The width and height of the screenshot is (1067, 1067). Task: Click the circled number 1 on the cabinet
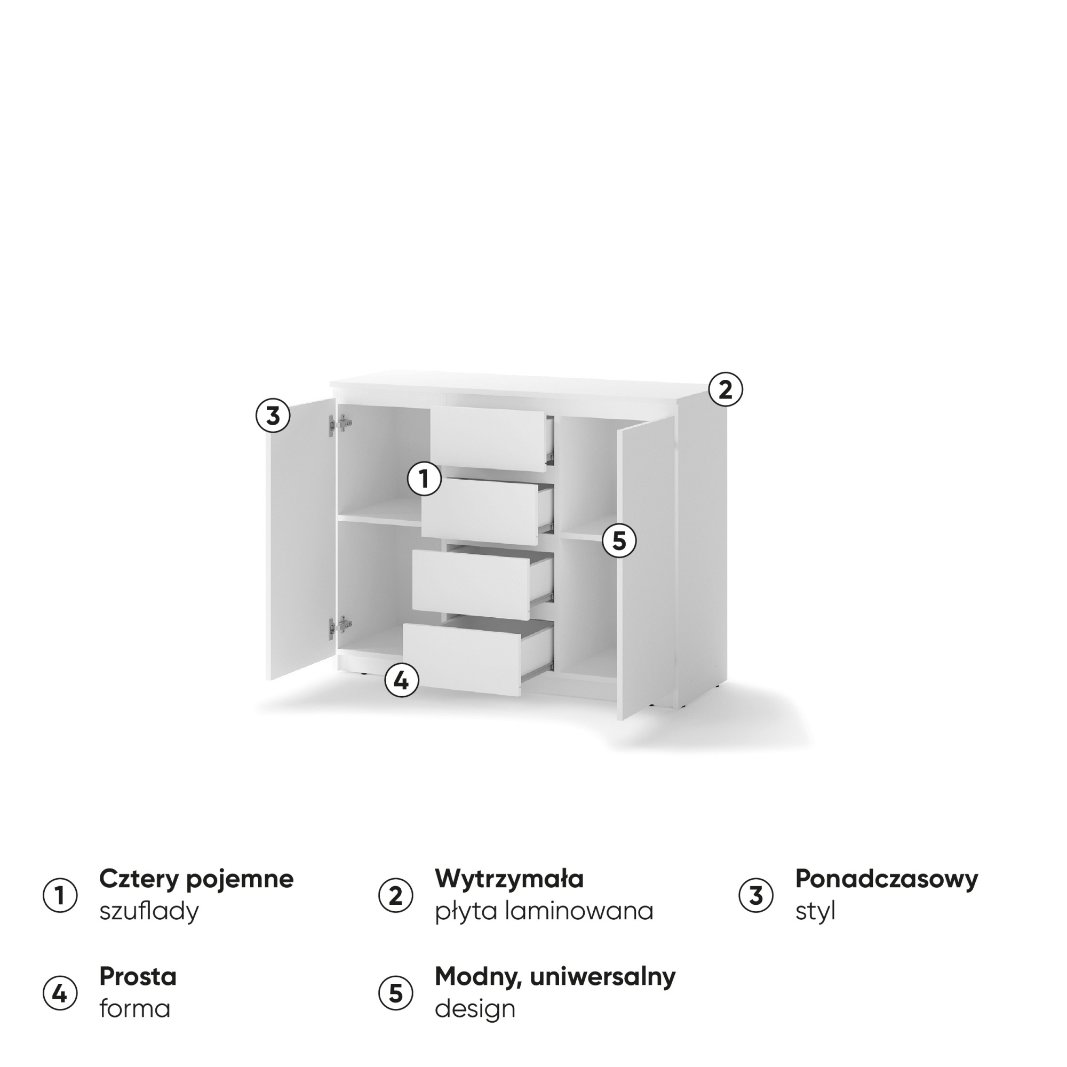[x=424, y=479]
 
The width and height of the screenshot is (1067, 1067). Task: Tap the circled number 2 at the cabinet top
[x=726, y=389]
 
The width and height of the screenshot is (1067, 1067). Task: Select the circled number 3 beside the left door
[x=273, y=415]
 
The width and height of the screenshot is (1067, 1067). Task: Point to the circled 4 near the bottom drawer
[x=402, y=680]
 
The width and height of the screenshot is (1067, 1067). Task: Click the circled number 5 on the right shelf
[x=619, y=540]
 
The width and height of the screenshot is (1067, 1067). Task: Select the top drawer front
[x=488, y=440]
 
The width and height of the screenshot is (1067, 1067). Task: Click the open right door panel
[x=645, y=568]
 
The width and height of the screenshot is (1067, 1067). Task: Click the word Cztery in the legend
[x=138, y=879]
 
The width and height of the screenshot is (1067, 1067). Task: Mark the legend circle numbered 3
[x=756, y=896]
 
